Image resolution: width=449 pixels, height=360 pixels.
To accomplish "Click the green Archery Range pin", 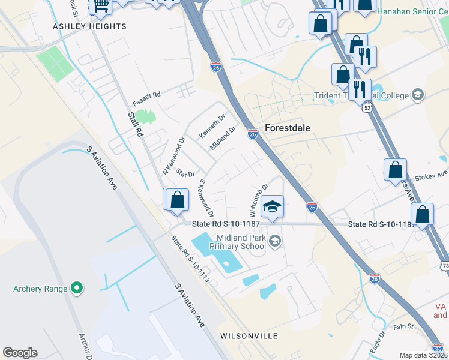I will (76, 289).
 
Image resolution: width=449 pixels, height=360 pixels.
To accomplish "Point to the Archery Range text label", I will (40, 289).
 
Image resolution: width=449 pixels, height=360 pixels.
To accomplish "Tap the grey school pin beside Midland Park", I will (275, 241).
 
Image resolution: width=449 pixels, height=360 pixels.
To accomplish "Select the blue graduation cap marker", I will (272, 207).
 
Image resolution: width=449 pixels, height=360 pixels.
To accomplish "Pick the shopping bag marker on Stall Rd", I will (178, 200).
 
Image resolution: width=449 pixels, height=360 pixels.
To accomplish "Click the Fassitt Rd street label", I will (147, 95).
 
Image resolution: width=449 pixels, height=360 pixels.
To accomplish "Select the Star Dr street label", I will (186, 173).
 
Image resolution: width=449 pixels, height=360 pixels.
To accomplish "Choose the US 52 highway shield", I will (367, 107).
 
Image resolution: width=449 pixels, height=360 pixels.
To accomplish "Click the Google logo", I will (20, 353).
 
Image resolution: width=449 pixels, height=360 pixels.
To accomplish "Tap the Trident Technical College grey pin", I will (418, 95).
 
